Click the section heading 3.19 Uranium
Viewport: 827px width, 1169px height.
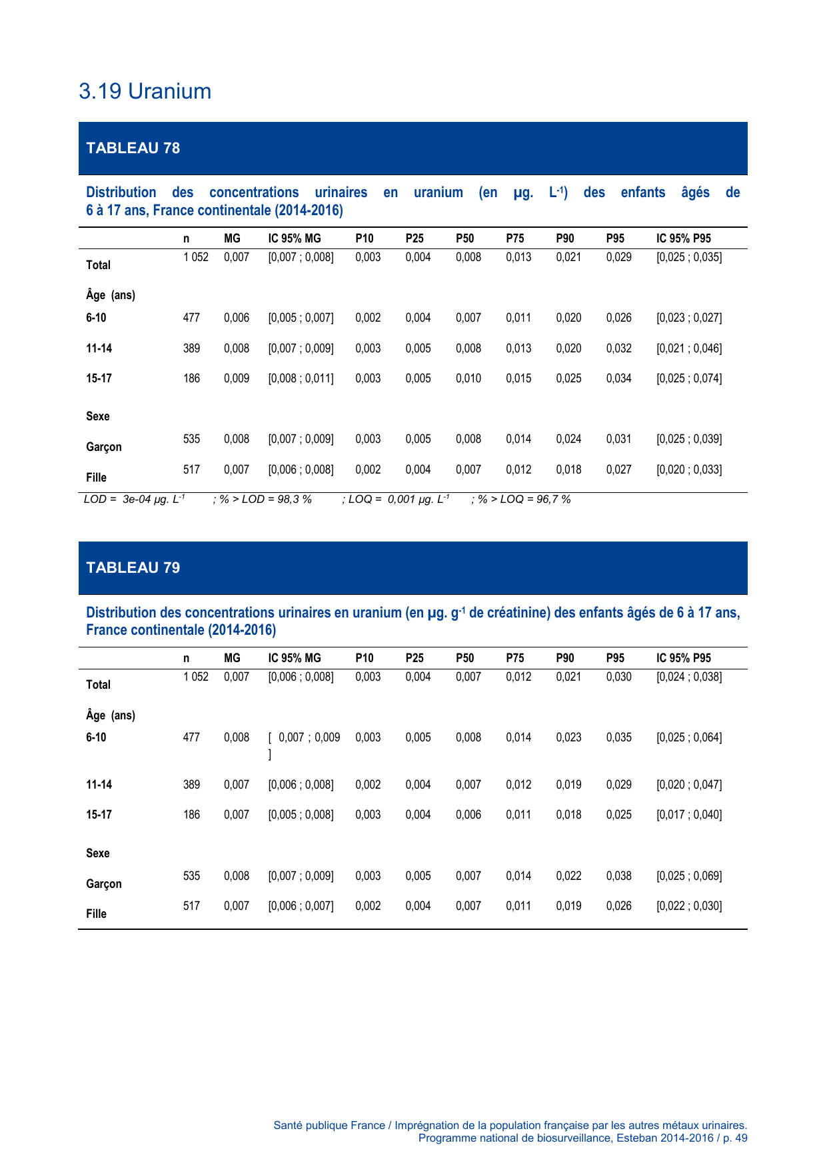tap(145, 91)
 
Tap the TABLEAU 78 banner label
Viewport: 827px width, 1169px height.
tap(133, 148)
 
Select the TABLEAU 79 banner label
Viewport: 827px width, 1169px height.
tap(133, 568)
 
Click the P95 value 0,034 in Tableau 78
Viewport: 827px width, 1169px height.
tap(618, 378)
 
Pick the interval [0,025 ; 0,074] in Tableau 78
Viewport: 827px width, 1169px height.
tap(689, 378)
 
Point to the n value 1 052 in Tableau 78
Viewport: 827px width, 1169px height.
tap(196, 257)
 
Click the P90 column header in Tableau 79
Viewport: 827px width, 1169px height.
tap(564, 658)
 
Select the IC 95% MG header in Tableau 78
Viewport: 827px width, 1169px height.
tap(295, 238)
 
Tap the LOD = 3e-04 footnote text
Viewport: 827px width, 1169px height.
tap(134, 499)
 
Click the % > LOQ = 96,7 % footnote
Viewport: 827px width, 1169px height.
tap(521, 499)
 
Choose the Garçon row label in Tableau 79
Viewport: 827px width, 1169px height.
tap(104, 884)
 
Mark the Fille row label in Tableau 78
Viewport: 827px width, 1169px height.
tap(97, 478)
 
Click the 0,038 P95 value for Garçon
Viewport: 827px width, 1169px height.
tap(618, 876)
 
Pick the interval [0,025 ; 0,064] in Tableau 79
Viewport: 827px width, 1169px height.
tap(689, 737)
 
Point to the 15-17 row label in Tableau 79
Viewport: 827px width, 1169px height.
tap(99, 815)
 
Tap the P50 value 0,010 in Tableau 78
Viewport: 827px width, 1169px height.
tap(468, 378)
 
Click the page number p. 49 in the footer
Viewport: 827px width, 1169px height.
tap(734, 1138)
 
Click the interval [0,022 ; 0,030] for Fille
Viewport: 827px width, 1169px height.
tap(689, 906)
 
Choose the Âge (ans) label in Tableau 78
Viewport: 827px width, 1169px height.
tap(111, 295)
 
